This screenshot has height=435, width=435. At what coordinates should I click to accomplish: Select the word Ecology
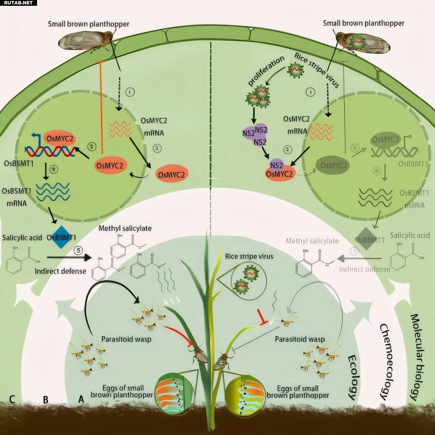pyautogui.click(x=353, y=377)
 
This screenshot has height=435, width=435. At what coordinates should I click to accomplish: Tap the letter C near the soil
pyautogui.click(x=12, y=398)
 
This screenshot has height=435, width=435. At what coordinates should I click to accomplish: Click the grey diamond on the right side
pyautogui.click(x=366, y=239)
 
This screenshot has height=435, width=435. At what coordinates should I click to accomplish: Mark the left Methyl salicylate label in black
pyautogui.click(x=125, y=228)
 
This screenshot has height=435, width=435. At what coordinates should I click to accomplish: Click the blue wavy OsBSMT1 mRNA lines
pyautogui.click(x=53, y=192)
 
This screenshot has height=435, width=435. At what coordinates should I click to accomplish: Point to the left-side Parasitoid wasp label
pyautogui.click(x=126, y=339)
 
